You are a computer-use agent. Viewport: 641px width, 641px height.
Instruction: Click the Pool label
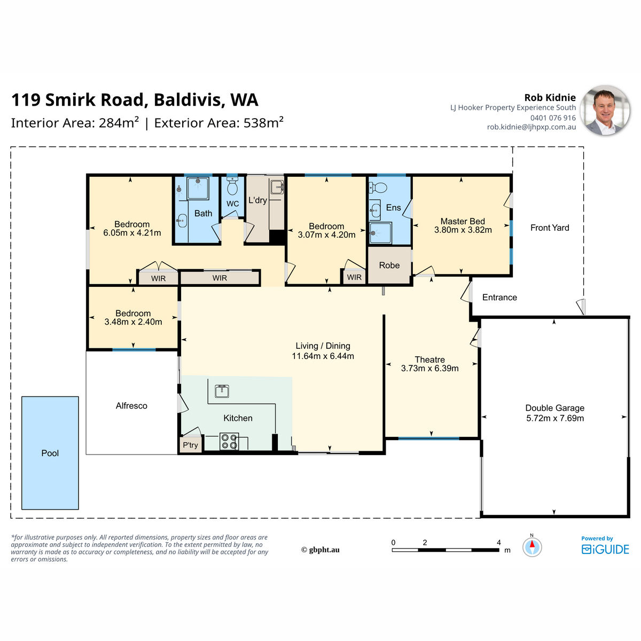[x=50, y=453]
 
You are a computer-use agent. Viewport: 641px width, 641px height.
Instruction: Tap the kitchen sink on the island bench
[x=222, y=391]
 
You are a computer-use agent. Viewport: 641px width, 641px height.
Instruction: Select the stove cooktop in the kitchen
[x=229, y=441]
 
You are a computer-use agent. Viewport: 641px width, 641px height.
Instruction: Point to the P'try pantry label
[x=190, y=445]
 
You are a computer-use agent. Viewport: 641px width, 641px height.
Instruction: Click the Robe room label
[x=389, y=265]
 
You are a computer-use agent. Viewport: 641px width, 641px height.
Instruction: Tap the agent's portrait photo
[x=605, y=111]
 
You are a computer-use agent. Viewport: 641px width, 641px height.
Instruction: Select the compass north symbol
[x=532, y=546]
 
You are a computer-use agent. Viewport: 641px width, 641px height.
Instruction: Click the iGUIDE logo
[x=605, y=549]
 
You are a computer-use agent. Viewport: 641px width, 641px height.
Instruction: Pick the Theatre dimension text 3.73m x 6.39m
[x=430, y=369]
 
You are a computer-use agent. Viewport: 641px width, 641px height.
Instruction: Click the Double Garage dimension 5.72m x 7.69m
[x=555, y=418]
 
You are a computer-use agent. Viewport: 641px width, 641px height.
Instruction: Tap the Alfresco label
[x=131, y=406]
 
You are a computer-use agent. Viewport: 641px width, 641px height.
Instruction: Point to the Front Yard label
[x=550, y=228]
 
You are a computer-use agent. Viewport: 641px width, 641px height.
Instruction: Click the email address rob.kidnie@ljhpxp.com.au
[x=531, y=127]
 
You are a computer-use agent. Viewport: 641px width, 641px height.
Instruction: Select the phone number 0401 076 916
[x=553, y=118]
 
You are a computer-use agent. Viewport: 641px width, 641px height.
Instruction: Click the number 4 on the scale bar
[x=498, y=543]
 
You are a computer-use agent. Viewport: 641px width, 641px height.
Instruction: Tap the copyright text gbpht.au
[x=320, y=550]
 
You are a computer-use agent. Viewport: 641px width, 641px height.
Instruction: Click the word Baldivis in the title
[x=187, y=100]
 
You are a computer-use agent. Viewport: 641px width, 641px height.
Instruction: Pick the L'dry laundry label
[x=258, y=200]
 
